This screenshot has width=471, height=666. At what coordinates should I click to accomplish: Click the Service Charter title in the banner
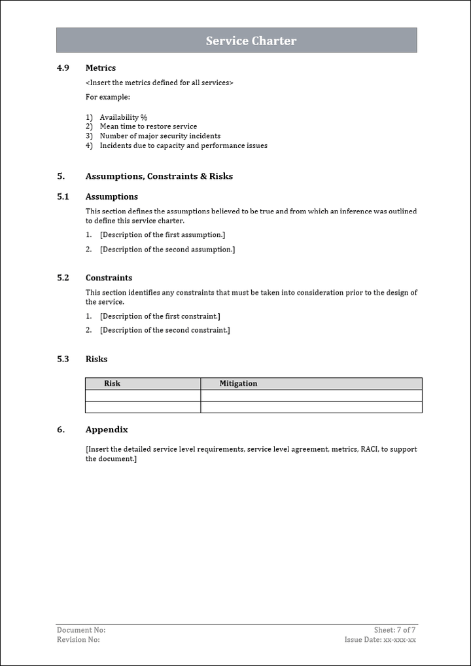click(x=251, y=41)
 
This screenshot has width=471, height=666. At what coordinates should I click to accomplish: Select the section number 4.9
click(x=63, y=67)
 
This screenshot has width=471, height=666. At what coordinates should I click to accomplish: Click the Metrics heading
click(x=101, y=67)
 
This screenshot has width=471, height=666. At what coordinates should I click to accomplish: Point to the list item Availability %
click(x=123, y=117)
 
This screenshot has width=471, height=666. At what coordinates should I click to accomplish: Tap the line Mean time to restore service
click(x=148, y=126)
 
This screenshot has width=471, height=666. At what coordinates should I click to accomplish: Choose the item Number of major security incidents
click(x=160, y=136)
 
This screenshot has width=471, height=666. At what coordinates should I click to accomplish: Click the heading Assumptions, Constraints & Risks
click(x=159, y=176)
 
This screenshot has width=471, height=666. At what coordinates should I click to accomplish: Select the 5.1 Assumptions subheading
click(x=111, y=196)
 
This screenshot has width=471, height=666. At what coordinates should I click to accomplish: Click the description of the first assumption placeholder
click(x=162, y=234)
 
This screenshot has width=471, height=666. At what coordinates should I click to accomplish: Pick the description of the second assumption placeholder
click(x=167, y=250)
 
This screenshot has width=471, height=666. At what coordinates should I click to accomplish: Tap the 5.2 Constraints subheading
click(x=109, y=278)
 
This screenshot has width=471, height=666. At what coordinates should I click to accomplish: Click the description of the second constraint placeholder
click(x=165, y=330)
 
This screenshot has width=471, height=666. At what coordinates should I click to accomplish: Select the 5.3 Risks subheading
click(x=96, y=359)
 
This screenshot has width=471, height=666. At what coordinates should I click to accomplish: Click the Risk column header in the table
click(x=113, y=384)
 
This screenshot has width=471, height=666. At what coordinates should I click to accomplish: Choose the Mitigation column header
click(x=238, y=384)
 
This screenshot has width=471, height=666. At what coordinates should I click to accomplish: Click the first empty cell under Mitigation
click(x=311, y=396)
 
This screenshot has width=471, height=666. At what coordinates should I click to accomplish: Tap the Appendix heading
click(x=107, y=430)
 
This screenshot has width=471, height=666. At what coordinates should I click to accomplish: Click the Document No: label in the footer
click(x=81, y=630)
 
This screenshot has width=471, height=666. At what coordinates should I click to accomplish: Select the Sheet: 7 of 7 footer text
click(x=394, y=630)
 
